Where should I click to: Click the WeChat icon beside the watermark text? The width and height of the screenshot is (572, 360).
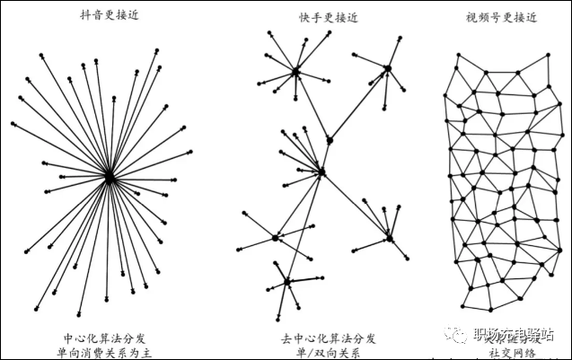459,336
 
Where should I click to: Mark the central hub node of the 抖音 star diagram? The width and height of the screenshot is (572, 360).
109,178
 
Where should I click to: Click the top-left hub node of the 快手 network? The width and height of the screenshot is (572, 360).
295,71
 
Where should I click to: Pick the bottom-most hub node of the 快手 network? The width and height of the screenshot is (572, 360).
287,282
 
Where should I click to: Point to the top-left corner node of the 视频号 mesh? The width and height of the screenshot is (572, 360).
458,56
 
